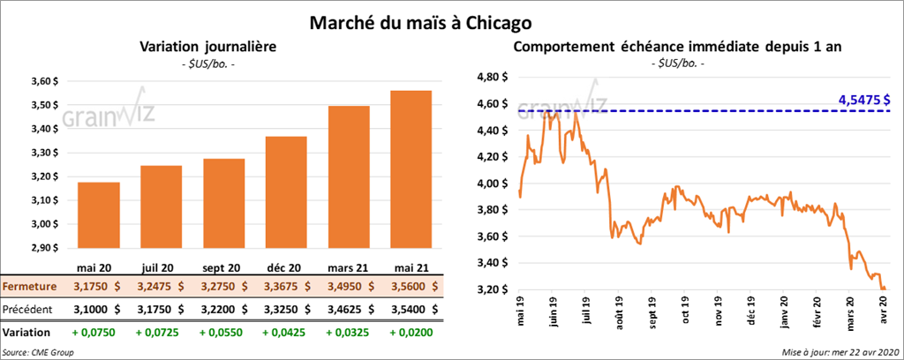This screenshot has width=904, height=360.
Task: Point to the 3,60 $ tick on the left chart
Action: click(43, 81)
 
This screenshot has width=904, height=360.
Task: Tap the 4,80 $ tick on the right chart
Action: click(493, 77)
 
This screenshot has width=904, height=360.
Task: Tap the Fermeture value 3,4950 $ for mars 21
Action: click(350, 287)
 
